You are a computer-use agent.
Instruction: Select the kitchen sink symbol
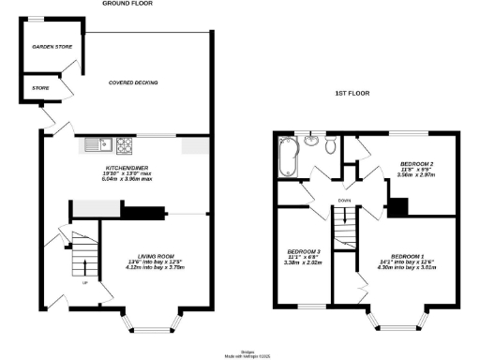[x=97, y=143]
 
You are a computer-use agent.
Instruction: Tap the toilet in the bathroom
[x=310, y=144]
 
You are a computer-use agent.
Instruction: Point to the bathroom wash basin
[x=329, y=143]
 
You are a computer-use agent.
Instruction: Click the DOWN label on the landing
[x=345, y=200]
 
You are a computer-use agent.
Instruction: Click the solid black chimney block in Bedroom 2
[x=399, y=206]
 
